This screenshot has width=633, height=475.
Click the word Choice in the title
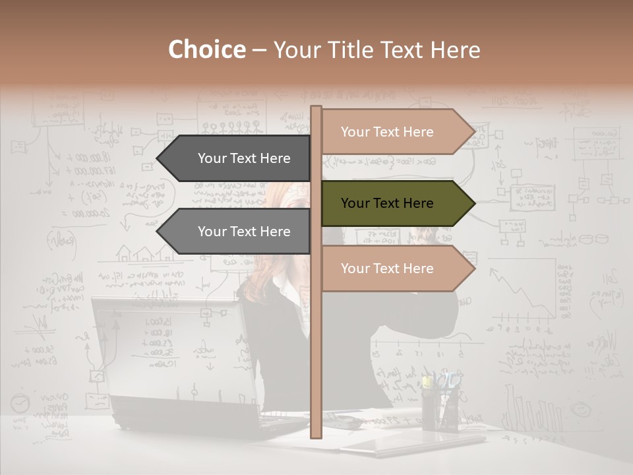pyautogui.click(x=206, y=50)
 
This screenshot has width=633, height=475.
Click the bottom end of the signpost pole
pyautogui.click(x=316, y=435)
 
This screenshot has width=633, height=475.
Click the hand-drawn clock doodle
pyautogui.click(x=20, y=403)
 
